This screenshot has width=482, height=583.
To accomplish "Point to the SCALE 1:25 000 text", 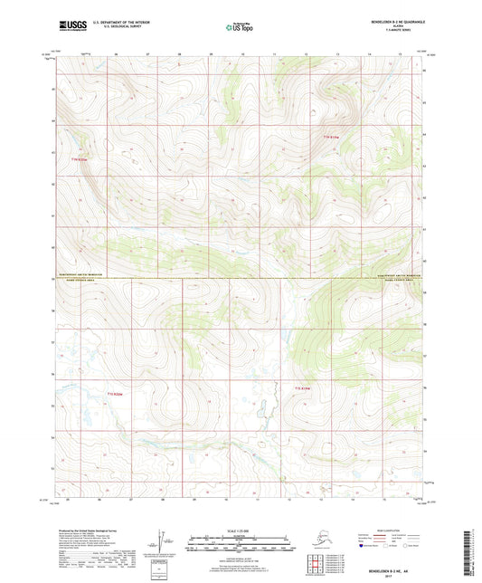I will [241, 530].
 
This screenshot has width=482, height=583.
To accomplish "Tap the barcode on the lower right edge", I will [473, 547].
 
